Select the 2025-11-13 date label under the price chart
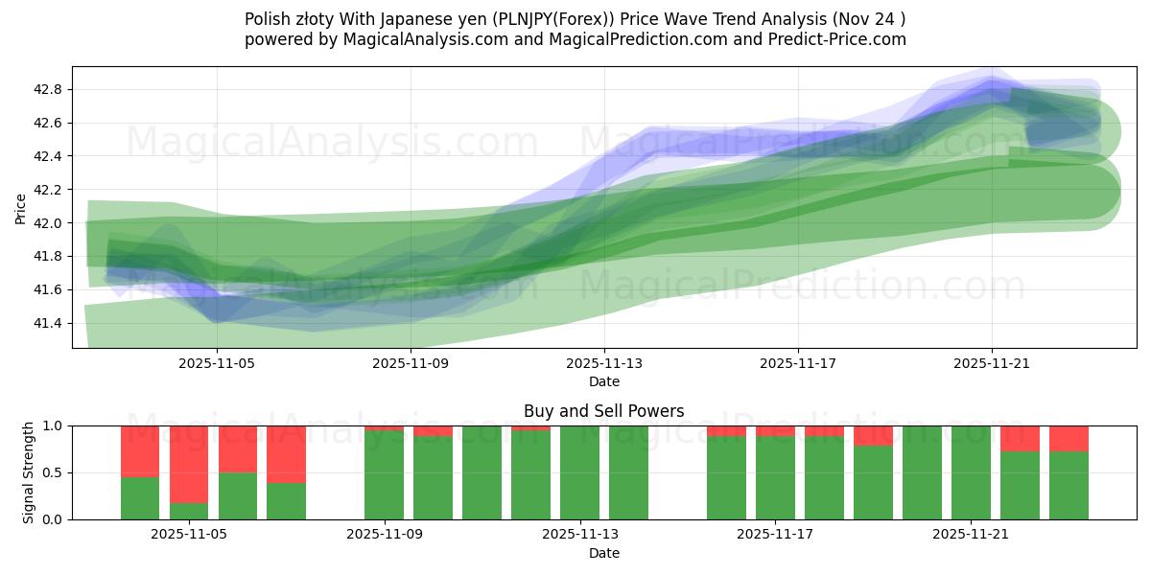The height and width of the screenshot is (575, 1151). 604,364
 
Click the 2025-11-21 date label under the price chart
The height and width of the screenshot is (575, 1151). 992,364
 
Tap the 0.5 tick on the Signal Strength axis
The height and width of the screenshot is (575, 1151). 54,473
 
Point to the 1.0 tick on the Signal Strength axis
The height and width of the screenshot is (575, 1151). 54,425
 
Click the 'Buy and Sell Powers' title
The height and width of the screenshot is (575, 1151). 604,411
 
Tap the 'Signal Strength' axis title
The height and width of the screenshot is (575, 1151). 29,472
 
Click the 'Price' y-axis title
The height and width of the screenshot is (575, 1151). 21,208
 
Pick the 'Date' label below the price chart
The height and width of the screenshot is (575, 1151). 604,381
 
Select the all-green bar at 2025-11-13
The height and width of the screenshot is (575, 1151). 579,472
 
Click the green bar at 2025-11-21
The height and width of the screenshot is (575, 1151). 971,472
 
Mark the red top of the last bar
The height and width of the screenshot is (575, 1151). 1069,438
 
